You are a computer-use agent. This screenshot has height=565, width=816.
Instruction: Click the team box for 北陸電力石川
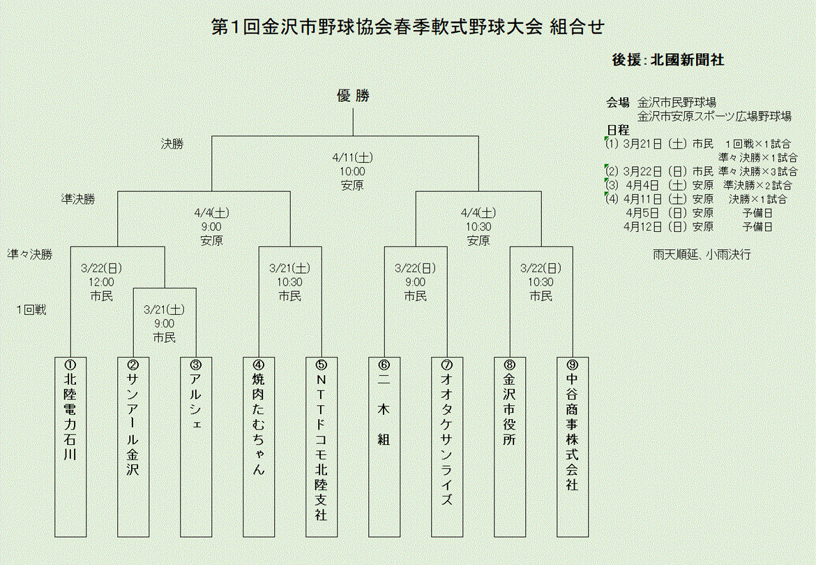(70, 446)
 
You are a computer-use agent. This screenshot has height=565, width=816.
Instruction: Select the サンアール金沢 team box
(133, 446)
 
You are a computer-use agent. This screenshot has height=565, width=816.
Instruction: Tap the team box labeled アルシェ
(196, 446)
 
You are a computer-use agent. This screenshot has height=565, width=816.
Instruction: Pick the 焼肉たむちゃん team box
(259, 446)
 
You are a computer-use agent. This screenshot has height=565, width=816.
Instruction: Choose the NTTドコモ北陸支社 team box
(322, 446)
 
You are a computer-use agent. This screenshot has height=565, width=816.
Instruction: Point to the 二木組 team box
(384, 446)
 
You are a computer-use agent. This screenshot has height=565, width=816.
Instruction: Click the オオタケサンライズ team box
(447, 446)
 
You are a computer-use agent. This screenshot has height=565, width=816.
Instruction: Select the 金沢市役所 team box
(510, 446)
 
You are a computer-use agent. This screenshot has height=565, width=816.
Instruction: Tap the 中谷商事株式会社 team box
(573, 446)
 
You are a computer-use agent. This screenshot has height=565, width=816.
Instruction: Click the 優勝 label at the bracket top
(354, 97)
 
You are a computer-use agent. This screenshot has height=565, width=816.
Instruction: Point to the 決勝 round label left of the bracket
(172, 143)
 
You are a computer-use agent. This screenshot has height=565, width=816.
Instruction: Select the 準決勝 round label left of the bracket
(79, 198)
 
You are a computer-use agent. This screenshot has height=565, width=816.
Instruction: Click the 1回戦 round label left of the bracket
(32, 309)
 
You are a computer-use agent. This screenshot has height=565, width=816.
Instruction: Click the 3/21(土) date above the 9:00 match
(165, 309)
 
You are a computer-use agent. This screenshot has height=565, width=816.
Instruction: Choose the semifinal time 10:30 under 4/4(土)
(478, 226)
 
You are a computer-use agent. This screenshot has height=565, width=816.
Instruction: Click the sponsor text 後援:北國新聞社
(667, 60)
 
